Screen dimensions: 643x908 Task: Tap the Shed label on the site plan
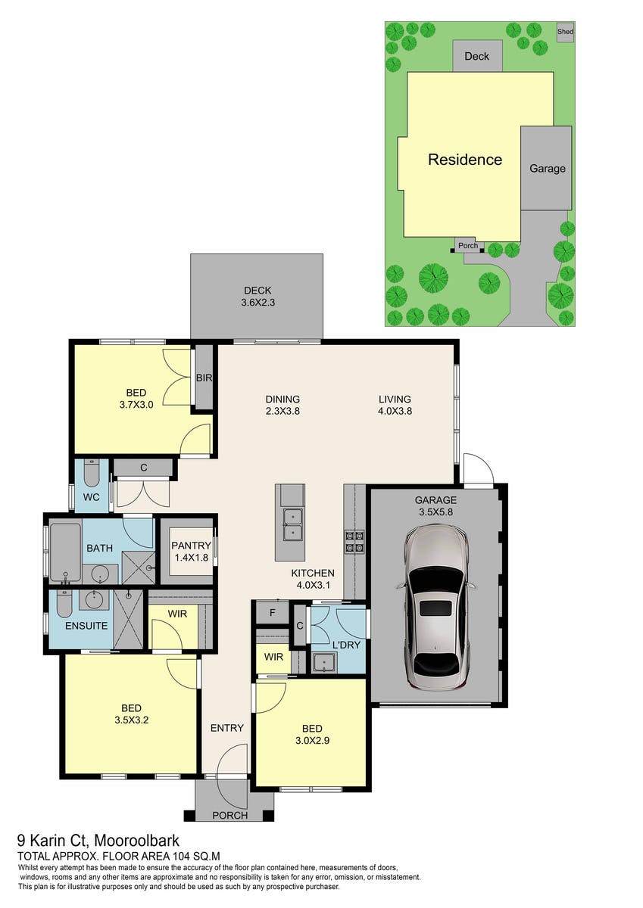[565, 31]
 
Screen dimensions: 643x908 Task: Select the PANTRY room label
[191, 546]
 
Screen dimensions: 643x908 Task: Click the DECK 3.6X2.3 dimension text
[258, 303]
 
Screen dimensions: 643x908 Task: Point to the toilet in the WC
[92, 474]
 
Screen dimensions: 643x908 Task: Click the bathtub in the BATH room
[65, 552]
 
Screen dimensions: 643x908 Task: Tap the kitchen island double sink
[293, 525]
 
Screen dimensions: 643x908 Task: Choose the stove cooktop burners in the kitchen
[354, 542]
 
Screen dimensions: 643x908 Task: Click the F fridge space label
[272, 612]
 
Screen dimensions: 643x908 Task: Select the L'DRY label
[346, 645]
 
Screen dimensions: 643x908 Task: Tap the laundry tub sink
[325, 662]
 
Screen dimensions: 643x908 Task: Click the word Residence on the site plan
[465, 160]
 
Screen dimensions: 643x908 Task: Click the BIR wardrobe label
[204, 378]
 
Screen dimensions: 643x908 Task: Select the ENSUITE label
[86, 626]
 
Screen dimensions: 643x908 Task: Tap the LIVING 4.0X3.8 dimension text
[395, 411]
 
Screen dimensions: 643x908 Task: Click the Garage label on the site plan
[548, 169]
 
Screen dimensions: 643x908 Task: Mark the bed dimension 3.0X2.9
[312, 741]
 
